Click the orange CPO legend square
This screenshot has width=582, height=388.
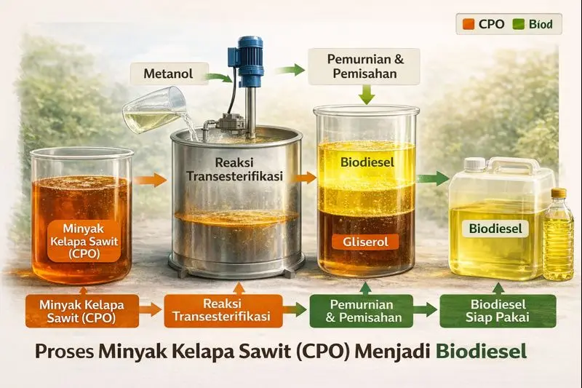point(468,24)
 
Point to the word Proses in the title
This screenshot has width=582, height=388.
point(65,351)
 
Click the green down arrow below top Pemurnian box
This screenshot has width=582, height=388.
point(365,94)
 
